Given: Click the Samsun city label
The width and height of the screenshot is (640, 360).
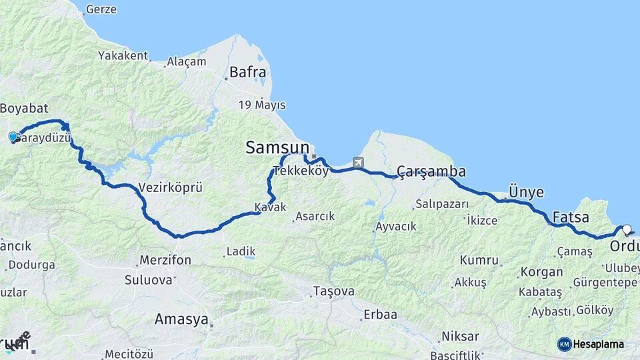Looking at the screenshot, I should pyautogui.click(x=277, y=148).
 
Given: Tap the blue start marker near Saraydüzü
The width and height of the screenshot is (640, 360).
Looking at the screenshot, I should pyautogui.click(x=13, y=137).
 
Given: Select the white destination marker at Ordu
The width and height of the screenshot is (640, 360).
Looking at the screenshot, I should pyautogui.click(x=627, y=230).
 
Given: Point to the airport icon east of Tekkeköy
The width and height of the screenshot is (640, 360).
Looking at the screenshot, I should pyautogui.click(x=359, y=162).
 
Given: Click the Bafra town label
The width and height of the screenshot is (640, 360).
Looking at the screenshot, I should pyautogui.click(x=247, y=72).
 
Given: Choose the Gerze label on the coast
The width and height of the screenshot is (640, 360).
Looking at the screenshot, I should pyautogui.click(x=102, y=9).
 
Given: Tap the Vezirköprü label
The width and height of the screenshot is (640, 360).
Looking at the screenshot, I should pyautogui.click(x=170, y=187).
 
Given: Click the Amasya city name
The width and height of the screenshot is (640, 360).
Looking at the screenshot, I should pyautogui.click(x=181, y=319).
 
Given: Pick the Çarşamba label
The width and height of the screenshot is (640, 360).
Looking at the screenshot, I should pyautogui.click(x=431, y=171).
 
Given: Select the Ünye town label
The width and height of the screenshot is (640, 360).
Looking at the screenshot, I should pyautogui.click(x=526, y=193).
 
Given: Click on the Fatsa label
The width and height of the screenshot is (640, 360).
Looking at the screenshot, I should pyautogui.click(x=570, y=217).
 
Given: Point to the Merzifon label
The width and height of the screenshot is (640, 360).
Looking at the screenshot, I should pyautogui.click(x=165, y=260).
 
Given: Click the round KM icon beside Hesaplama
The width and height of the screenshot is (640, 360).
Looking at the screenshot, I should pyautogui.click(x=564, y=344).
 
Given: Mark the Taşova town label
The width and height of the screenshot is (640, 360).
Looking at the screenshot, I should pyautogui.click(x=334, y=292).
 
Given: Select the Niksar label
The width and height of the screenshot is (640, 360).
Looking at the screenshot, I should pyautogui.click(x=460, y=336).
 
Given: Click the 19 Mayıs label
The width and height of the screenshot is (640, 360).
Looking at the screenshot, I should pyautogui.click(x=262, y=105).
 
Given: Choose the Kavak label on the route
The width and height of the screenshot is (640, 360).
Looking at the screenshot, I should pyautogui.click(x=270, y=207).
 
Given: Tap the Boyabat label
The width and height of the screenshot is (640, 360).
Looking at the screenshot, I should pyautogui.click(x=23, y=108).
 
